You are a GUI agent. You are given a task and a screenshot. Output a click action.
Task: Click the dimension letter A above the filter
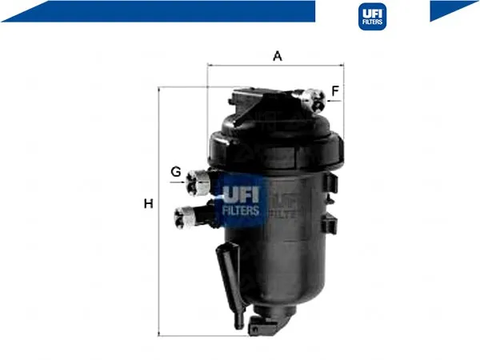tap(278, 56)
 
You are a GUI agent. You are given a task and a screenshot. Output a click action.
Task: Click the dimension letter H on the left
tap(149, 203)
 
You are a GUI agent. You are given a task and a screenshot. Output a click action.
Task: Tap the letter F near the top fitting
tap(335, 90)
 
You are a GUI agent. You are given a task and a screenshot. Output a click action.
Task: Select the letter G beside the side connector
tap(176, 172)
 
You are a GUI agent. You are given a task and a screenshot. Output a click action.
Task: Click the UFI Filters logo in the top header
tap(372, 17)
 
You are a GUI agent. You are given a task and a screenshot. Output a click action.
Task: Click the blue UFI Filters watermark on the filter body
tap(241, 201)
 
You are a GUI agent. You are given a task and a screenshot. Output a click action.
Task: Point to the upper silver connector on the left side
tap(198, 182)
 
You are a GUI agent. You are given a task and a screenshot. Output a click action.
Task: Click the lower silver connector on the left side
tap(186, 217)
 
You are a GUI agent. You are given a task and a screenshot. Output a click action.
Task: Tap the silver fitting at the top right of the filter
tap(314, 98)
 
